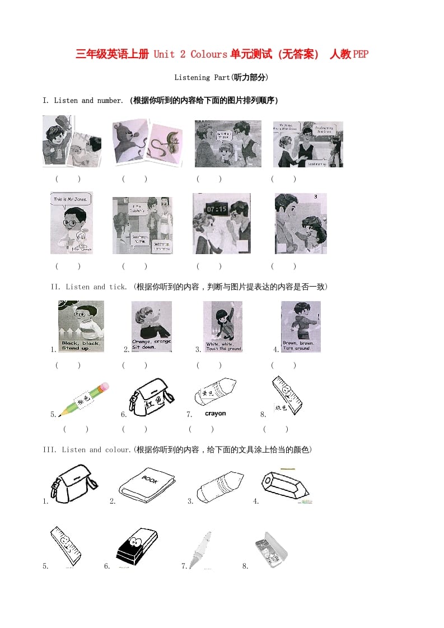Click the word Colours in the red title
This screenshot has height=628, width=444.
[x=209, y=54]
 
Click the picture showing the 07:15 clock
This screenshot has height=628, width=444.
[x=222, y=223]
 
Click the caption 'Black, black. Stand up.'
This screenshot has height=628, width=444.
[x=78, y=345]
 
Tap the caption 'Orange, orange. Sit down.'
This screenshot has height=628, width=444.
[x=152, y=344]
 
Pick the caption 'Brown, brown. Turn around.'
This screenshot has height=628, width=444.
[x=300, y=345]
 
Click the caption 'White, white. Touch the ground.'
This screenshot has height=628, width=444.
[x=223, y=346]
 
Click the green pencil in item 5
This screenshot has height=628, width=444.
[x=84, y=399]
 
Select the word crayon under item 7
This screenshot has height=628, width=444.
[x=216, y=414]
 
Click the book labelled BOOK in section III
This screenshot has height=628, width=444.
[x=147, y=485]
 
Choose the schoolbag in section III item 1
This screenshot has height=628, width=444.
[x=74, y=482]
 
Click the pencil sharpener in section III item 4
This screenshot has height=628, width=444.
[x=284, y=485]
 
